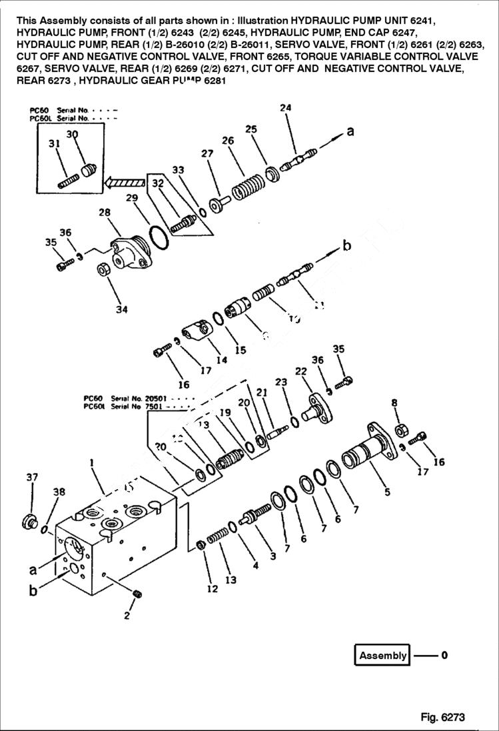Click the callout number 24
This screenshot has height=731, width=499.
(285, 108)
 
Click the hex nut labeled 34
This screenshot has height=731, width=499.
(104, 271)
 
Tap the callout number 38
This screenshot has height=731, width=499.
(59, 492)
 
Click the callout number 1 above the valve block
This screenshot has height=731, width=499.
(91, 462)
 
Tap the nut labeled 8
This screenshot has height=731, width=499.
(402, 430)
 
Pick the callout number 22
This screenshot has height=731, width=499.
(300, 371)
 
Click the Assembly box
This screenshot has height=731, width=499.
(382, 655)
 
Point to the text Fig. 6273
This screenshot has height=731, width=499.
(442, 718)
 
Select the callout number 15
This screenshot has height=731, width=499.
(240, 350)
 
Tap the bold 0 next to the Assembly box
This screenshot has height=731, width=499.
(444, 655)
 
